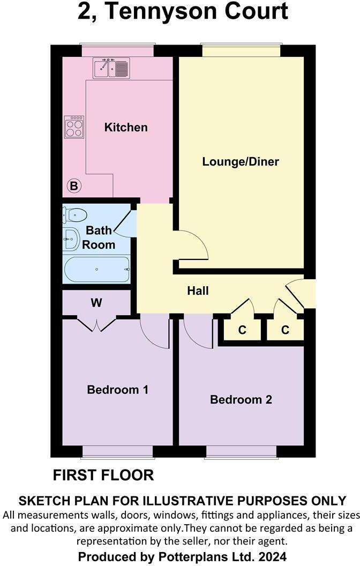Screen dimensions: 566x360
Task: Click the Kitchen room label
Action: pos(126,128)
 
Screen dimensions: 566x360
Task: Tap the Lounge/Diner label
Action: pos(241,161)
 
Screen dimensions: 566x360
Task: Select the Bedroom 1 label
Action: pos(117,390)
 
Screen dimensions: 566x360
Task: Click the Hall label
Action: pos(198,291)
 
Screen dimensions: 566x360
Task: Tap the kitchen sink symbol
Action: pos(111,68)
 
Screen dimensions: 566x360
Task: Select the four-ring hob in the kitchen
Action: pos(74,126)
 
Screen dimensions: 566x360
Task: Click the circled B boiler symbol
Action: pos(74,187)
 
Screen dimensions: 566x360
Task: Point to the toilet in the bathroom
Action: pos(74,215)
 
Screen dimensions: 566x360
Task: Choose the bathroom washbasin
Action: pos(71,240)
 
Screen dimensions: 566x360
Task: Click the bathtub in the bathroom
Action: pos(96,269)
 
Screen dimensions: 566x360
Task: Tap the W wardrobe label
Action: pos(96,303)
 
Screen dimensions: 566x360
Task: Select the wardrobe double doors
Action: pos(96,324)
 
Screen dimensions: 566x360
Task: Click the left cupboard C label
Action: pos(242,330)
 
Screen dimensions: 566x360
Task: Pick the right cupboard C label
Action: pos(285,330)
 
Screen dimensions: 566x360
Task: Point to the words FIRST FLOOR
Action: pos(103,475)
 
